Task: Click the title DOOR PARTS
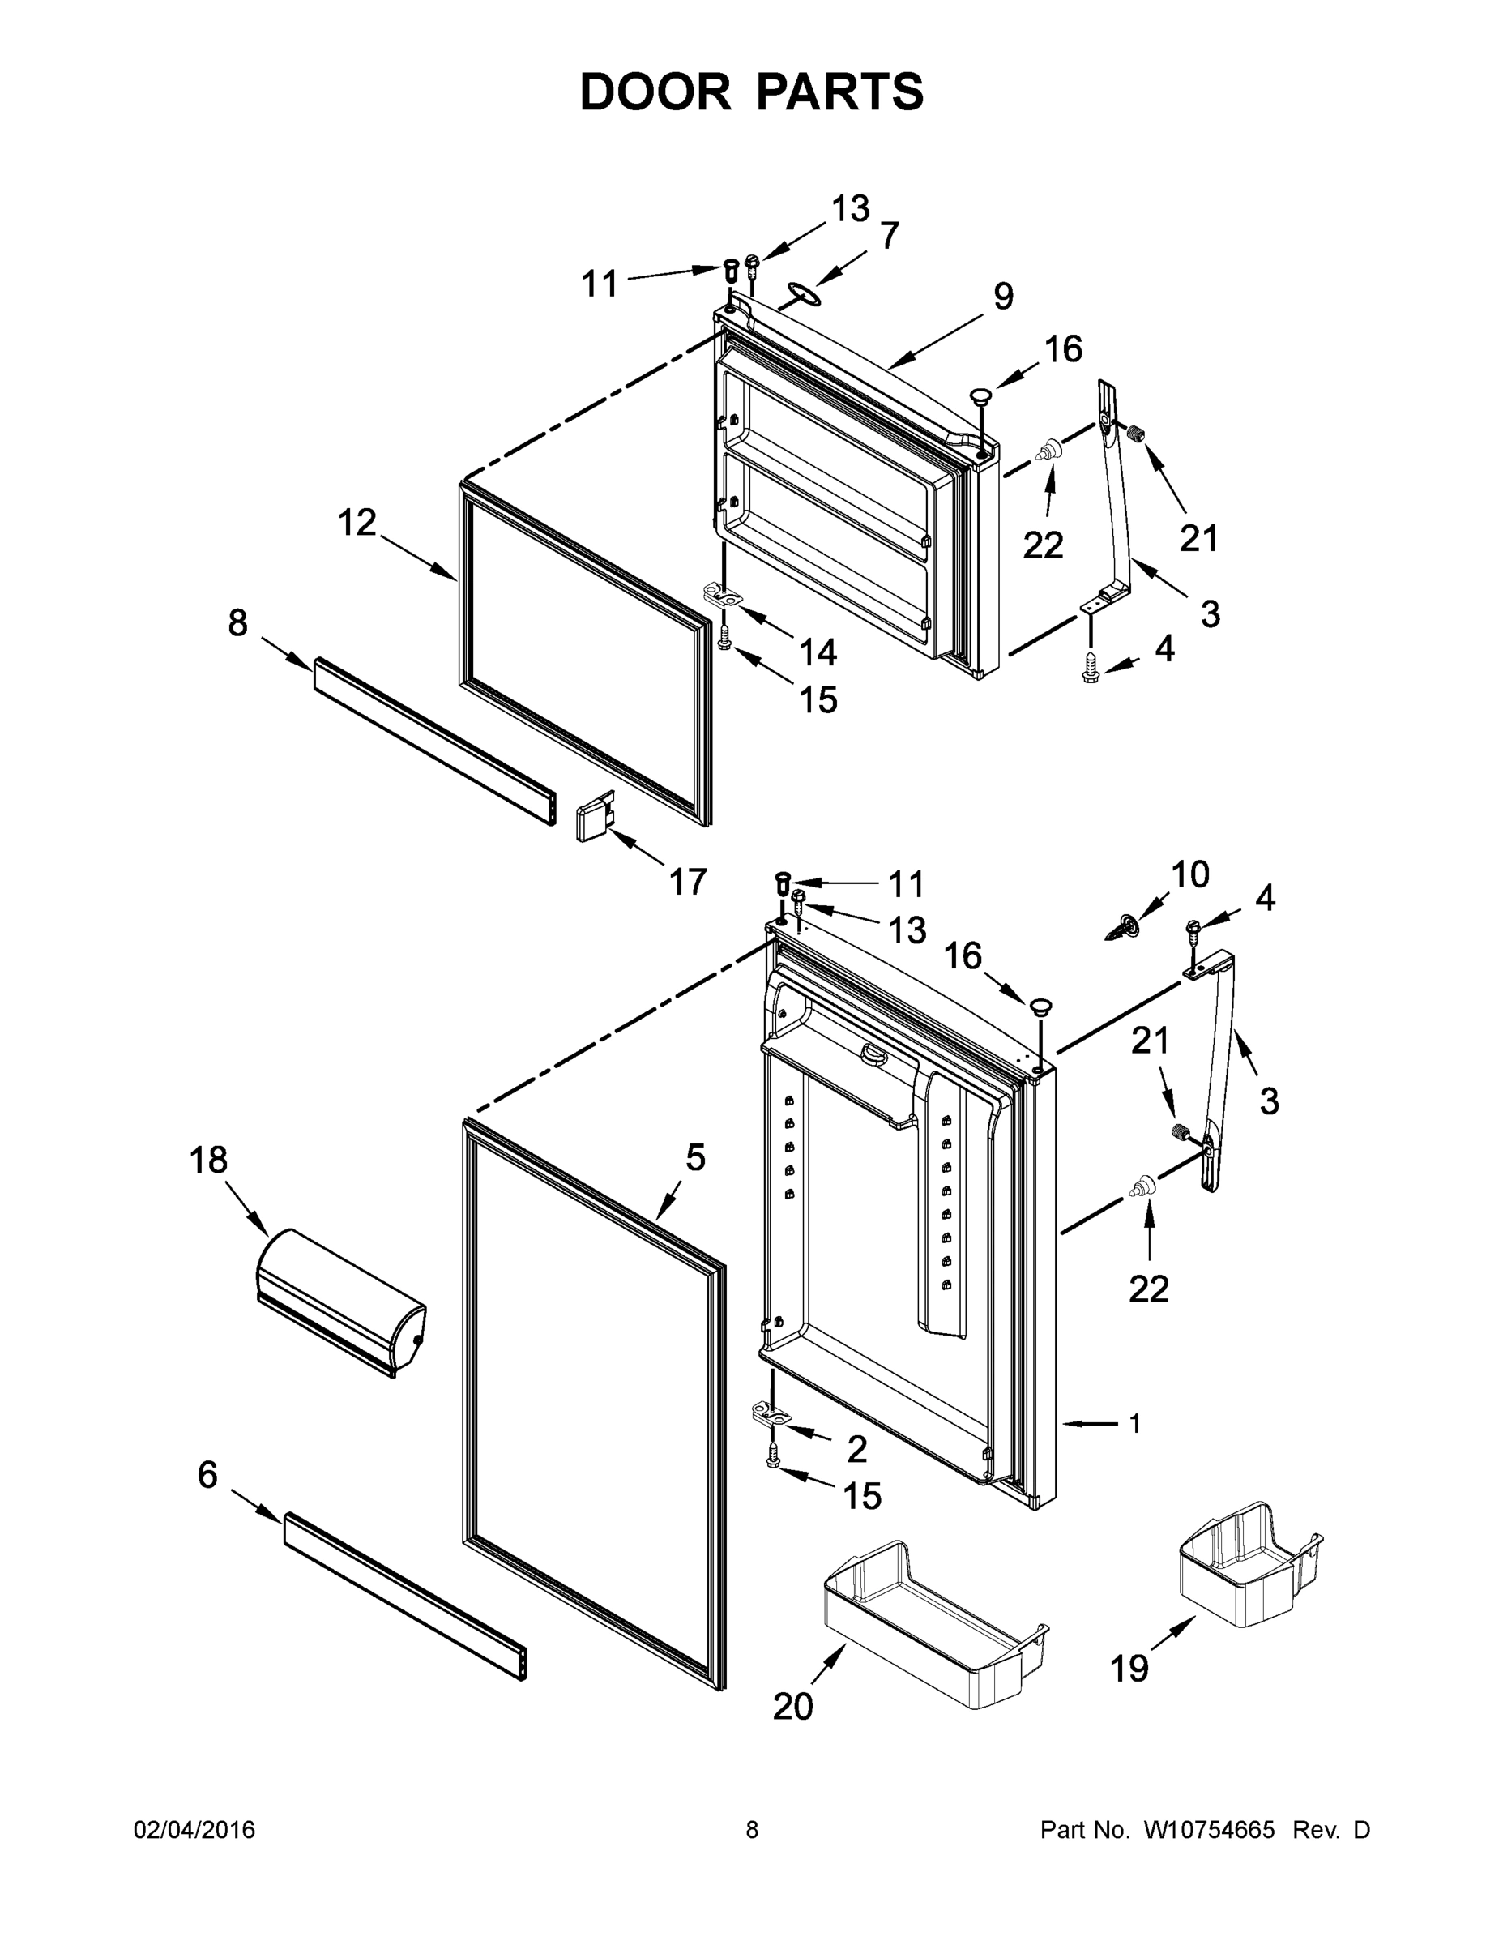pyautogui.click(x=752, y=92)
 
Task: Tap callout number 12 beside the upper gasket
pyautogui.click(x=357, y=523)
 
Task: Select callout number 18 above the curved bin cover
pyautogui.click(x=207, y=1161)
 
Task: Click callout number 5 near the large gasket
pyautogui.click(x=695, y=1158)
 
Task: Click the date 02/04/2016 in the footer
pyautogui.click(x=194, y=1829)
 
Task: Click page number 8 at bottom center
pyautogui.click(x=752, y=1829)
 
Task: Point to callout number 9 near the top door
pyautogui.click(x=1003, y=297)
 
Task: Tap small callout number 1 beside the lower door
pyautogui.click(x=1134, y=1424)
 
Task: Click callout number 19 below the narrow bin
pyautogui.click(x=1129, y=1667)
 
